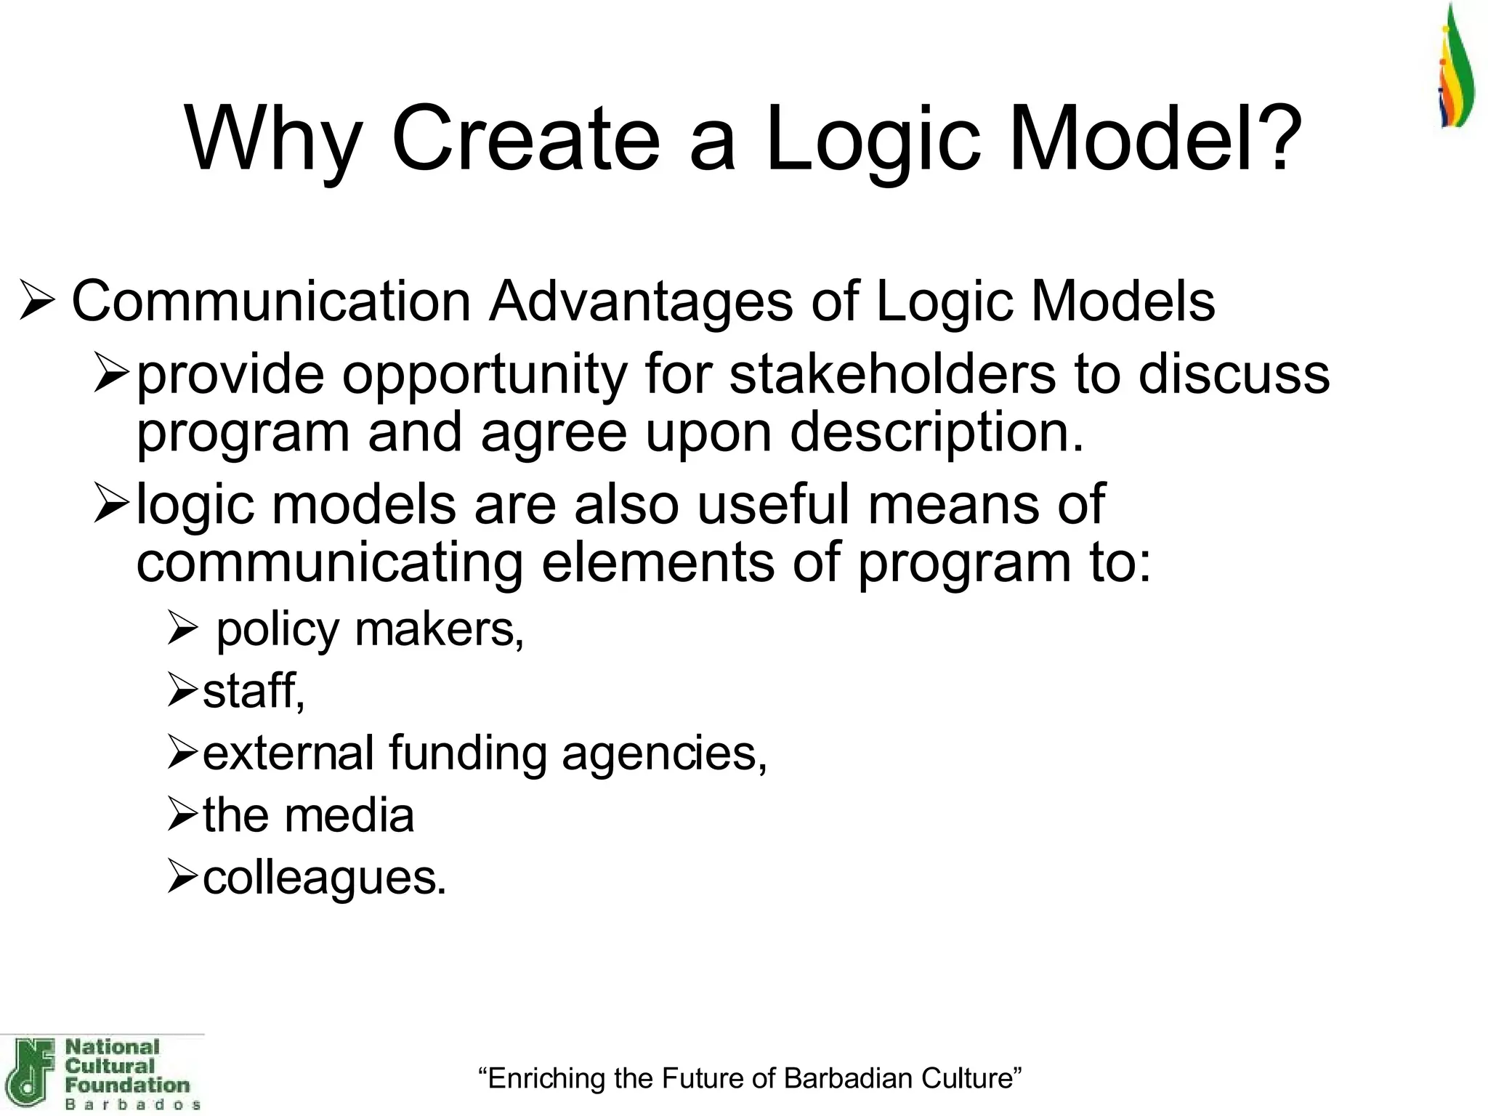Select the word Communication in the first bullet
pyautogui.click(x=272, y=301)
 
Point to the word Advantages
pyautogui.click(x=641, y=301)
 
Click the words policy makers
pyautogui.click(x=369, y=629)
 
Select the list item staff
pyautogui.click(x=253, y=690)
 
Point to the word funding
pyautogui.click(x=466, y=753)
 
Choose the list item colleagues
pyautogui.click(x=324, y=878)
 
